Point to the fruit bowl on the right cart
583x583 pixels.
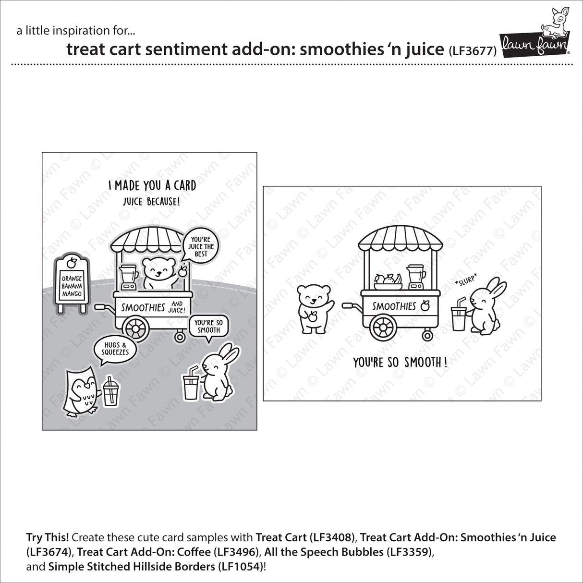[x=389, y=281]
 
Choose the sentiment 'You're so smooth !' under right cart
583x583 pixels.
[x=400, y=362]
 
